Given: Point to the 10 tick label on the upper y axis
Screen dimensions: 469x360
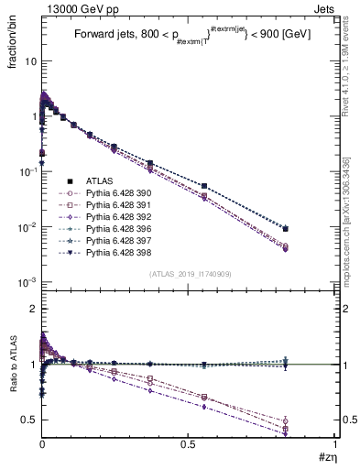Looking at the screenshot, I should click(29, 62).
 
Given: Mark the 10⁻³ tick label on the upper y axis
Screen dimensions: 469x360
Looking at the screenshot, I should click(27, 282).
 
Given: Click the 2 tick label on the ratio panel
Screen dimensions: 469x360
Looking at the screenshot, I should click(33, 310).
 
